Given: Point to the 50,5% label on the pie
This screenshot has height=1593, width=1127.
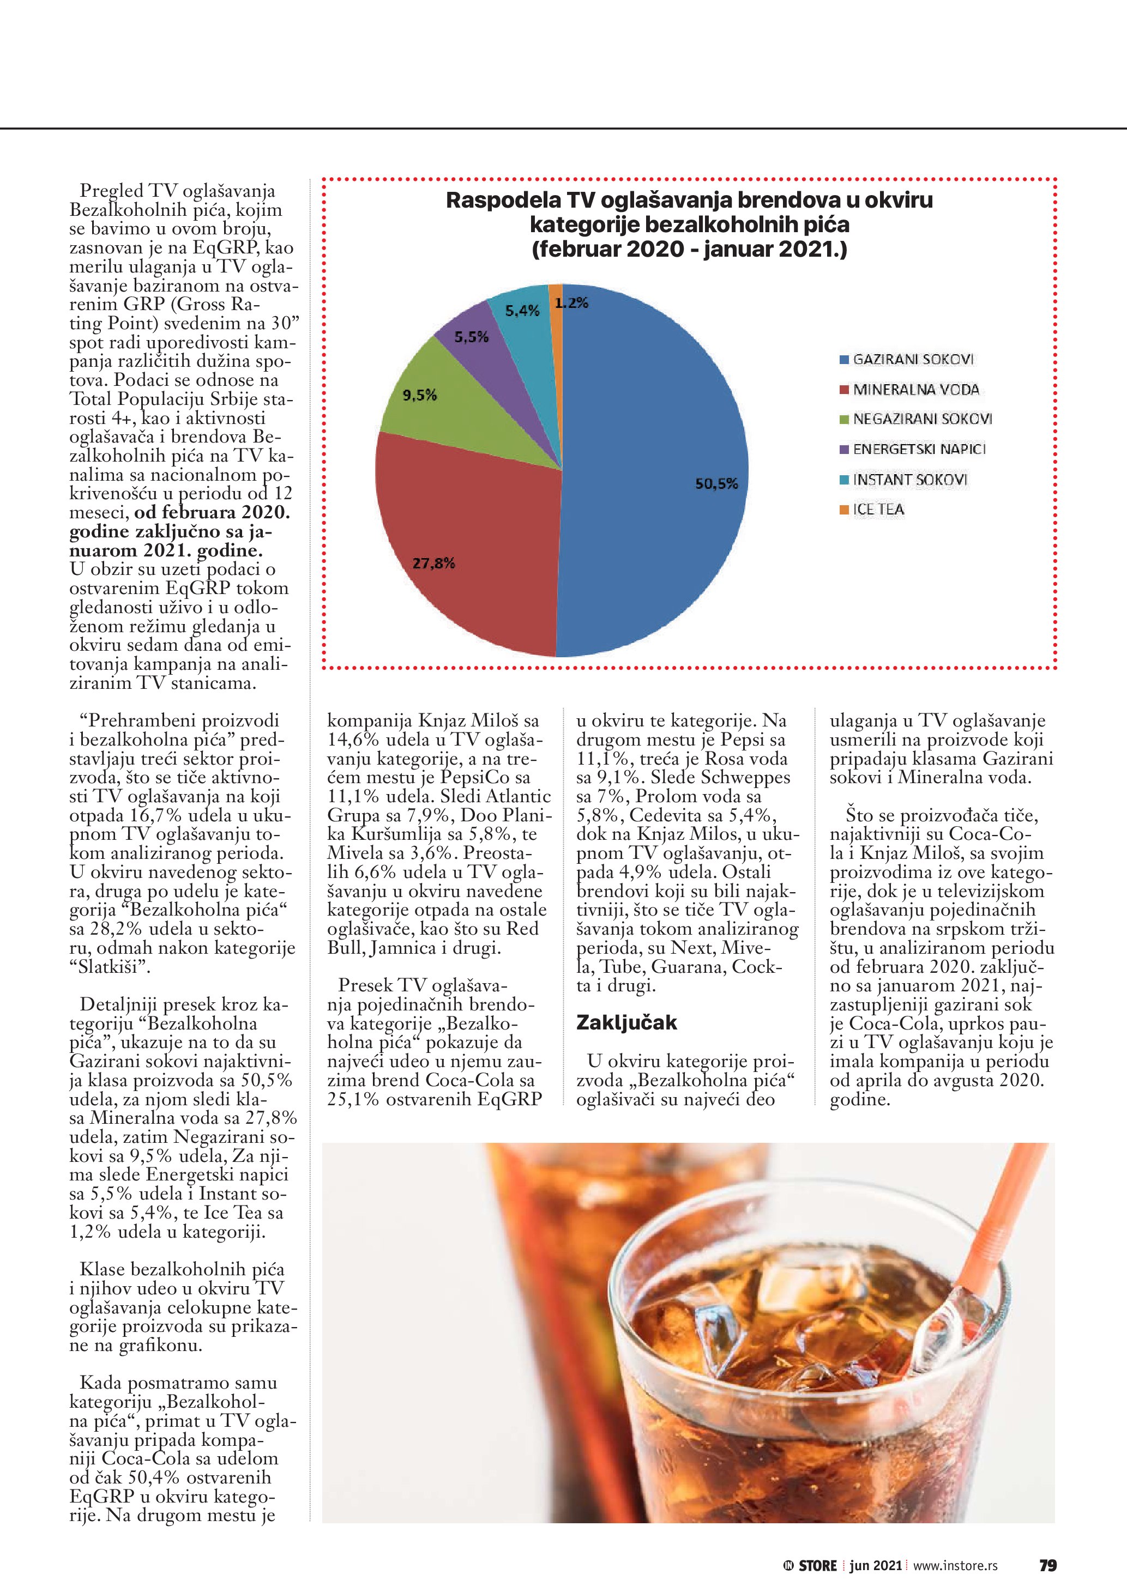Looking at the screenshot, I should click(716, 483).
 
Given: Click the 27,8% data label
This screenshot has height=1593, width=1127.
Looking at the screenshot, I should click(433, 562).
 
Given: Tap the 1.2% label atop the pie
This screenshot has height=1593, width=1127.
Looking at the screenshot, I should click(572, 302).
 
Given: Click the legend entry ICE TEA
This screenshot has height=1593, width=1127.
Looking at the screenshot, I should click(878, 509).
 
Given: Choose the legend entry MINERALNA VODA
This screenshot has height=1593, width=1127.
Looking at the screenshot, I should click(915, 389).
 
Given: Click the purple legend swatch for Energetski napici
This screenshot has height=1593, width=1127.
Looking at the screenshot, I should click(844, 450).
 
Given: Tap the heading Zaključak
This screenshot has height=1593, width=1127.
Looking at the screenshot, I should click(626, 1022).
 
